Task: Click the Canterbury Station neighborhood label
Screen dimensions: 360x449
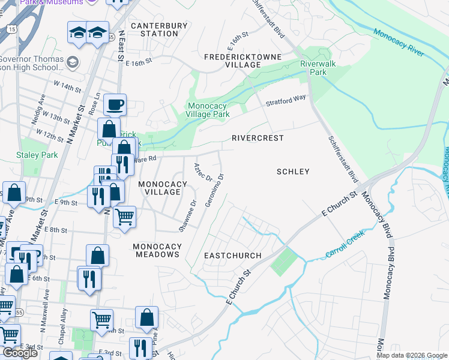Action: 155,29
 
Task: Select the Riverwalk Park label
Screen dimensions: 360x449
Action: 313,67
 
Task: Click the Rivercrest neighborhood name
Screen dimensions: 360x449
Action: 258,137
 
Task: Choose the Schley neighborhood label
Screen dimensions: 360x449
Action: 293,172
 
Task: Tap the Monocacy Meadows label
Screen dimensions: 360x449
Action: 156,250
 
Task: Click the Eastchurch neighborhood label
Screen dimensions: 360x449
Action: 233,256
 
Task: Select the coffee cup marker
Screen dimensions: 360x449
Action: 115,105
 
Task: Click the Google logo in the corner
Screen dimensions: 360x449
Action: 20,353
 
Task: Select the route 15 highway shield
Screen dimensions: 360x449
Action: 11,29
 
